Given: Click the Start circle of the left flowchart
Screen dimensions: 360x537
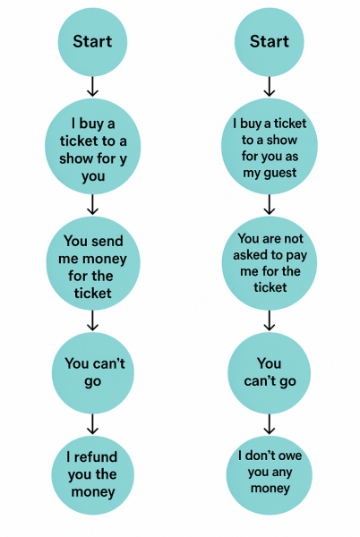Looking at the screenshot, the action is coord(92,42).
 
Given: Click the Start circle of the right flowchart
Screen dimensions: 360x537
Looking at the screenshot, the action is coord(270,42).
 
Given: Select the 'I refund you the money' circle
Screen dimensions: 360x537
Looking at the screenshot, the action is coord(93,475).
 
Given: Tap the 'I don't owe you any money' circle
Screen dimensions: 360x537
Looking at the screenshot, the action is coord(270,475).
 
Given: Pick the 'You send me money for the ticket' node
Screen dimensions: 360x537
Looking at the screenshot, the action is coord(93,263).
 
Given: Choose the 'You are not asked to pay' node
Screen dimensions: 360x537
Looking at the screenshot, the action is coord(270,263).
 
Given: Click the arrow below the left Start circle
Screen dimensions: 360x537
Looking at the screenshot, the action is coord(92,87).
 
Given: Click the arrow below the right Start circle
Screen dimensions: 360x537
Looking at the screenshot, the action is coord(270,87).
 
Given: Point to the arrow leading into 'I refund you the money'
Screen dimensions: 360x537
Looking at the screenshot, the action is coord(92,424).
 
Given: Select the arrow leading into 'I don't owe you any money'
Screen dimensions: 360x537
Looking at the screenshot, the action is coord(270,424).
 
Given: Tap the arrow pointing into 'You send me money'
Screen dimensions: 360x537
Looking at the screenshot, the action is coord(92,205).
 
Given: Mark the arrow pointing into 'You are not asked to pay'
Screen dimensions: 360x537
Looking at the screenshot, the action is coord(270,205).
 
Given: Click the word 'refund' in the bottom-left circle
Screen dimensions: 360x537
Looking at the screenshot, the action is coord(96,456).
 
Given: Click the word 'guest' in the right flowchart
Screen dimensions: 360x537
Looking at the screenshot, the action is coord(279,174).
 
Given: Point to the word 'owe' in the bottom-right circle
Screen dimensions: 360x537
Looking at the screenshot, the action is coord(290,456).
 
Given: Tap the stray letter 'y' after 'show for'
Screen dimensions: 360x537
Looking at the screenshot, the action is coord(123,159).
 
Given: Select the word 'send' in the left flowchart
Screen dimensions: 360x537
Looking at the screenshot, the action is coord(107,241).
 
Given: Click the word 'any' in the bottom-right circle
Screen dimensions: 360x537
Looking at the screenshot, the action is coord(281,473).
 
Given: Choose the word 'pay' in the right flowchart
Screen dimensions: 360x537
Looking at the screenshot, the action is coord(296,256).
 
